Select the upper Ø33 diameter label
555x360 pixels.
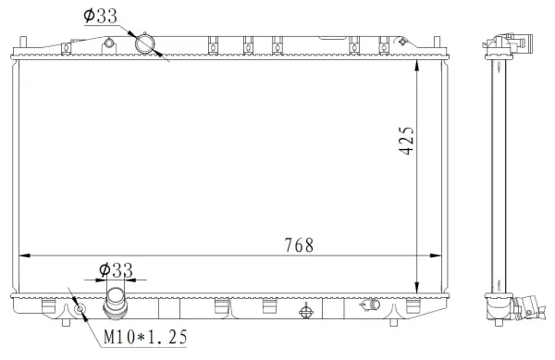[x=100, y=16]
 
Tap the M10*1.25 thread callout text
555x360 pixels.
[x=145, y=338]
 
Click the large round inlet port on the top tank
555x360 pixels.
[x=145, y=43]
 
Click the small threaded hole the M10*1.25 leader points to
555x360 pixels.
[x=80, y=309]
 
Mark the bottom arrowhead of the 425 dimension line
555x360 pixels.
[x=421, y=288]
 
